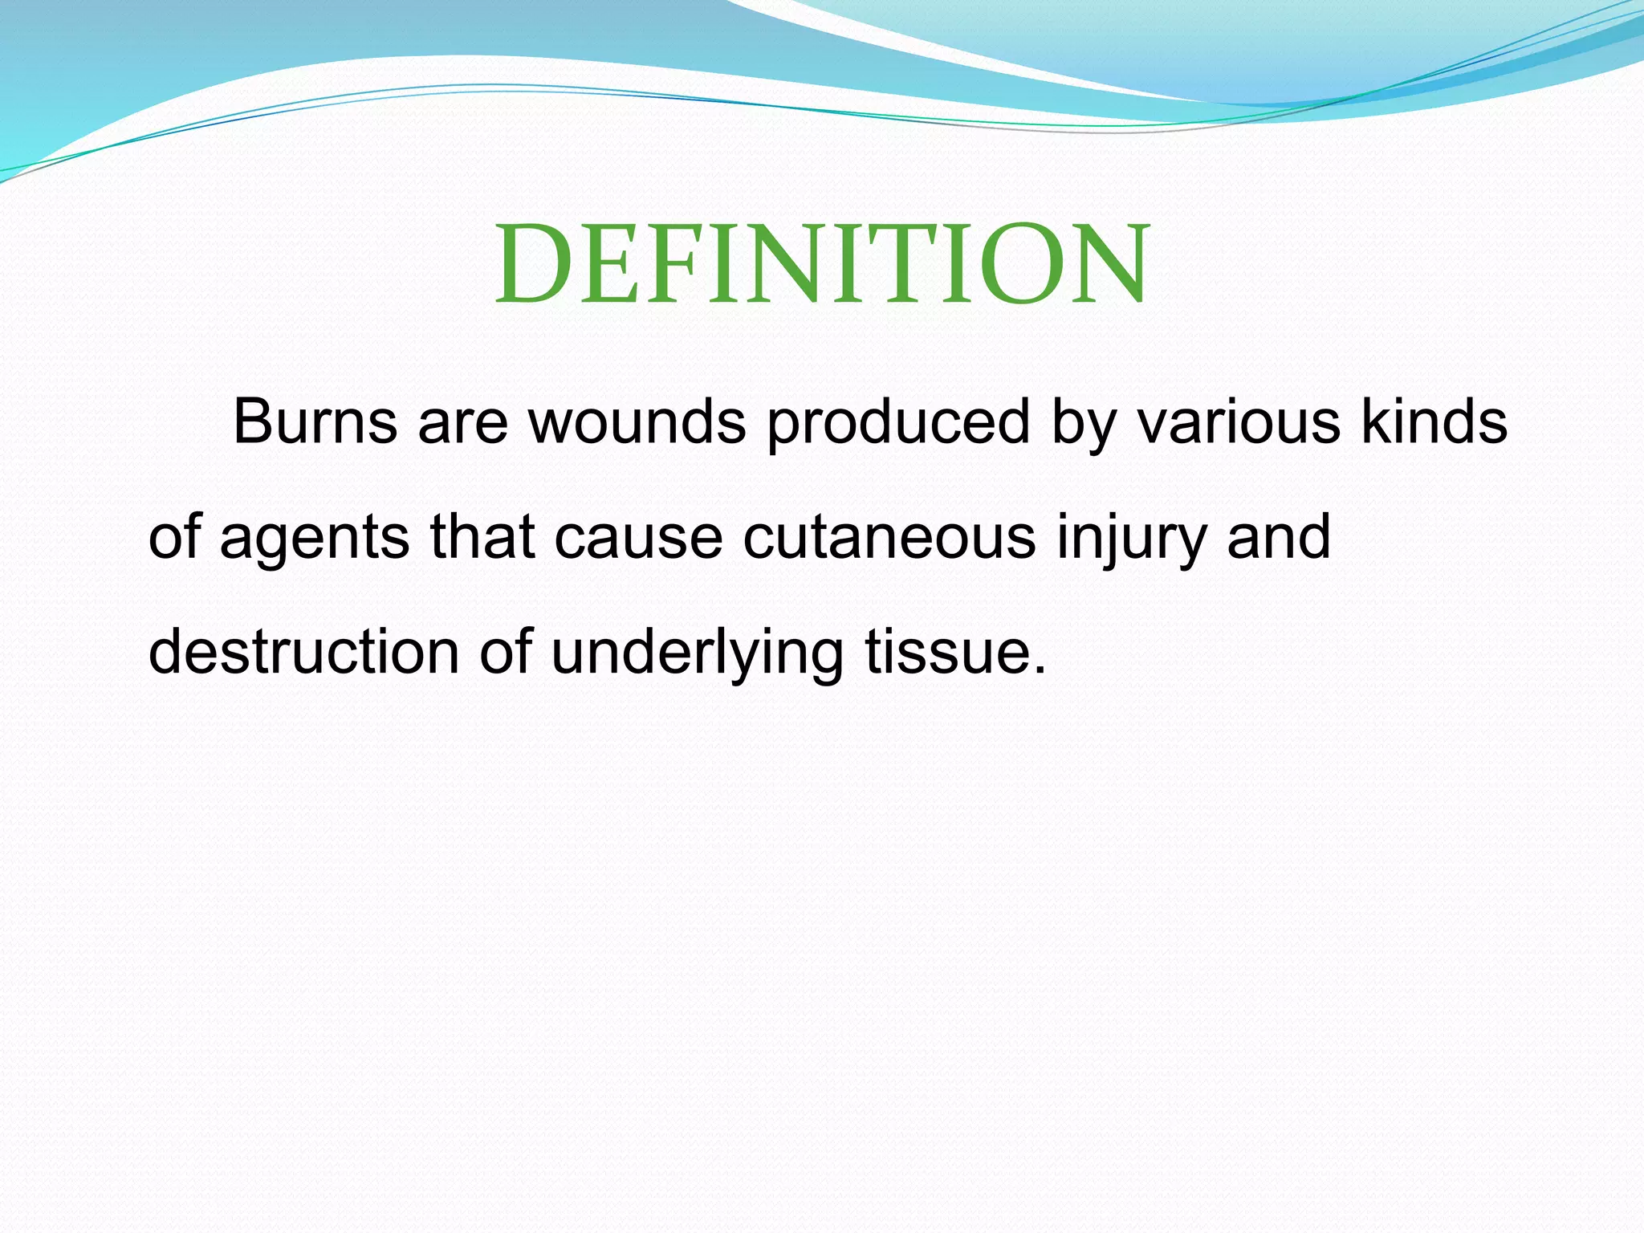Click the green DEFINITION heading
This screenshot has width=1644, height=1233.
822,265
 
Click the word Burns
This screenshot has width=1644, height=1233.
314,422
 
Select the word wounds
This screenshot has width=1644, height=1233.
637,422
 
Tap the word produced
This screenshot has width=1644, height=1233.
897,422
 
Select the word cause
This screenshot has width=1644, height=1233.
639,538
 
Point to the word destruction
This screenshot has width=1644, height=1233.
303,652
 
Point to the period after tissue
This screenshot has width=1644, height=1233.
1040,671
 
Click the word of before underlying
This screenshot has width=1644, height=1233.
506,652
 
